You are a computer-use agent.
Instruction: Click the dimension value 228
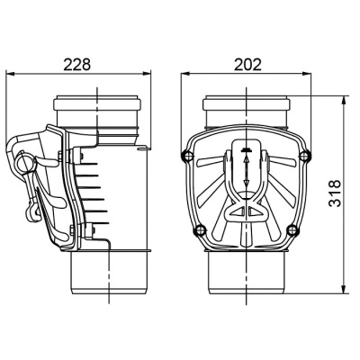pyautogui.click(x=76, y=64)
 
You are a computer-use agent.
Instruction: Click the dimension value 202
pyautogui.click(x=247, y=64)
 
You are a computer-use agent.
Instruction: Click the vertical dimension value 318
pyautogui.click(x=335, y=193)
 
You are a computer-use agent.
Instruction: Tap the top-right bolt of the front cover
pyautogui.click(x=304, y=155)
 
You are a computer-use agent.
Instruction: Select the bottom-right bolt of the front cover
pyautogui.click(x=292, y=230)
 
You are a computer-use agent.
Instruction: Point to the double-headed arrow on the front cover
pyautogui.click(x=247, y=171)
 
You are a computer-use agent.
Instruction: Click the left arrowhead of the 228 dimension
pyautogui.click(x=10, y=73)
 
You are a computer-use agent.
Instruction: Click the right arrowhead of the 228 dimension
pyautogui.click(x=146, y=73)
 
